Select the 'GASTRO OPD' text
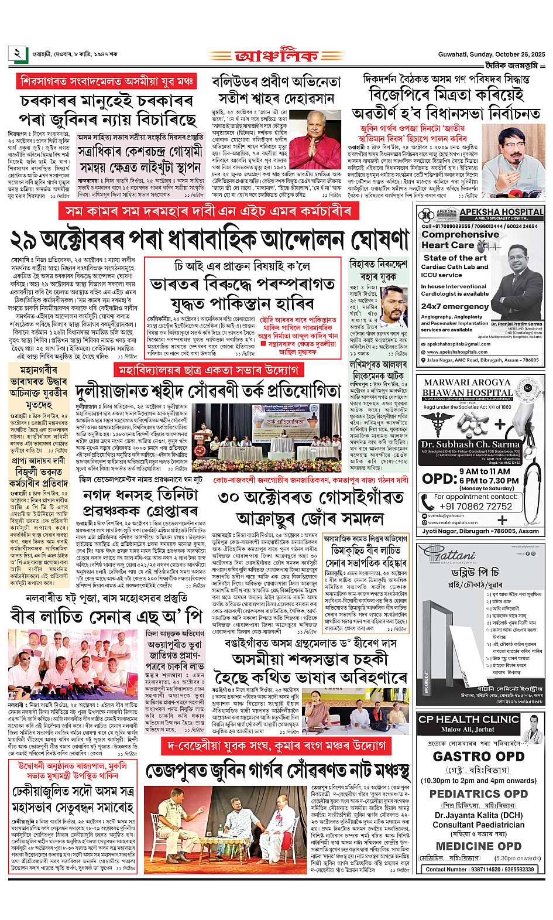pyautogui.click(x=477, y=755)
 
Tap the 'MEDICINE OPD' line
pyautogui.click(x=477, y=846)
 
